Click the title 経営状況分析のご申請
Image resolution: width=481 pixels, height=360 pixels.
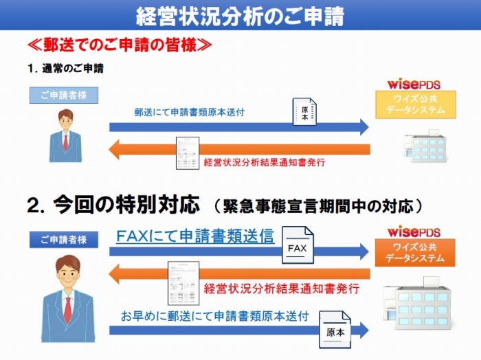[240, 16]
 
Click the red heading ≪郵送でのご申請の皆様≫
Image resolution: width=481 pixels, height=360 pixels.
[120, 45]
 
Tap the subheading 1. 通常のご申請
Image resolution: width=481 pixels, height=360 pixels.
[66, 69]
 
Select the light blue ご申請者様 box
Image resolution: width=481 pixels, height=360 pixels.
[64, 95]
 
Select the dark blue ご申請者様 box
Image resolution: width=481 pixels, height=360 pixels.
[64, 240]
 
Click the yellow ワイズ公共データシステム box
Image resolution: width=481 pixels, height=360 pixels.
[416, 104]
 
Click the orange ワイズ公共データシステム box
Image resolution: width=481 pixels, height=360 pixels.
[415, 253]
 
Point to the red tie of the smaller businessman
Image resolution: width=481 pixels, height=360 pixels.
[66, 143]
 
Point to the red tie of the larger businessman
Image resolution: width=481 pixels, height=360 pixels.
[68, 310]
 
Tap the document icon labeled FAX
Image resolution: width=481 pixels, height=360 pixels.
[298, 245]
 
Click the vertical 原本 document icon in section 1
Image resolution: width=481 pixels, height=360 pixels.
[304, 111]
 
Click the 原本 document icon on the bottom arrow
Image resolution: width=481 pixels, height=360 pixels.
[335, 330]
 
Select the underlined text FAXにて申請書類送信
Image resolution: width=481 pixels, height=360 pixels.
[195, 236]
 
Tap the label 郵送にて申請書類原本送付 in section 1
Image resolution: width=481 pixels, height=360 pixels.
[189, 112]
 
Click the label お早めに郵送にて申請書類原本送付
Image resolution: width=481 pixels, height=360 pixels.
[214, 316]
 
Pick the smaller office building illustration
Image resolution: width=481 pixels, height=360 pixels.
[425, 146]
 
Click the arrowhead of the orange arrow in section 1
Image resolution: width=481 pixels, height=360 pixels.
[114, 150]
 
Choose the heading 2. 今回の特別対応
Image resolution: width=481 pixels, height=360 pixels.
[113, 205]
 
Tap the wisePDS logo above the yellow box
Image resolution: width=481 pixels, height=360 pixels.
[414, 84]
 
